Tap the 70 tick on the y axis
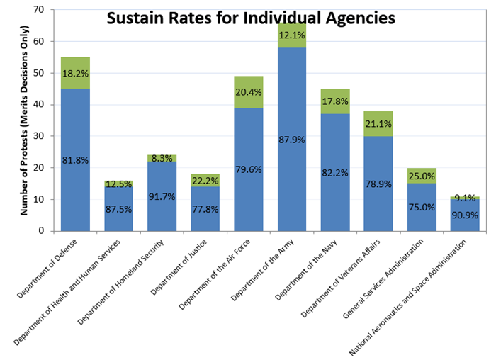tap(37, 10)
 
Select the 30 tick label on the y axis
tap(37, 136)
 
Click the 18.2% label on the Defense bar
tap(74, 74)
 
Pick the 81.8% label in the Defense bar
tap(74, 160)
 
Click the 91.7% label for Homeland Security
tap(162, 191)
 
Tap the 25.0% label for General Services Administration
tap(422, 176)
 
